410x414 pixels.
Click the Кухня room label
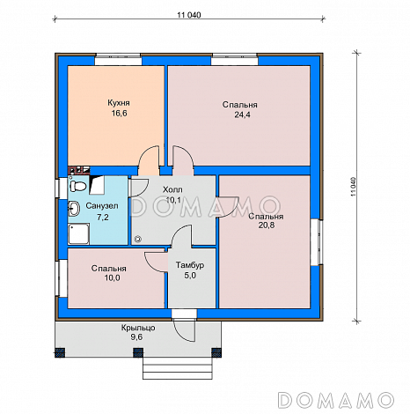(x=119, y=103)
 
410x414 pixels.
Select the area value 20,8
(x=267, y=225)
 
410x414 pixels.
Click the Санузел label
(x=102, y=206)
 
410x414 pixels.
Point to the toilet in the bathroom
(x=78, y=186)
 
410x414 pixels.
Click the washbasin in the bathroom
(x=74, y=209)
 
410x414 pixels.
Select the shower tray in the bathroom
(x=78, y=233)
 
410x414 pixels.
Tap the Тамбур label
(x=190, y=265)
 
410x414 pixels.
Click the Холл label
(x=172, y=189)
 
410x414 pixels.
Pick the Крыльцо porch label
(x=138, y=328)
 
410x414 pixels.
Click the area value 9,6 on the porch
(x=136, y=337)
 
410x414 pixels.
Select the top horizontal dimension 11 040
(x=189, y=15)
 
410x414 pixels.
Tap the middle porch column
(x=138, y=352)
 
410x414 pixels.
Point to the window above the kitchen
(x=118, y=59)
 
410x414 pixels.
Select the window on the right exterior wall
(x=317, y=242)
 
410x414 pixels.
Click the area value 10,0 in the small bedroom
(x=112, y=277)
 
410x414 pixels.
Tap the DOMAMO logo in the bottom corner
(x=335, y=400)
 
